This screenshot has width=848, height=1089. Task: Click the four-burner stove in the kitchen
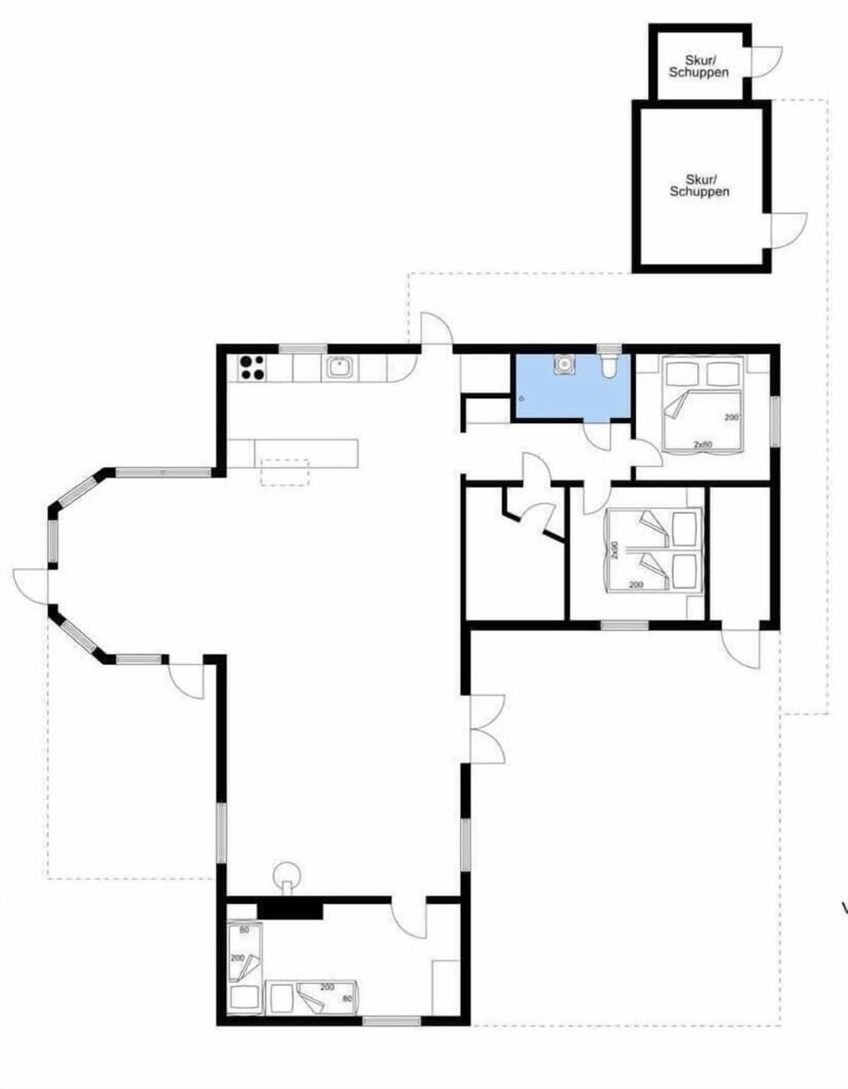click(251, 367)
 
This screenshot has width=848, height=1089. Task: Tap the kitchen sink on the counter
click(339, 367)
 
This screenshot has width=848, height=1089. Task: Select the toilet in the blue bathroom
click(609, 367)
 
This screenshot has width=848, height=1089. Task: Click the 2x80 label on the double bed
click(702, 445)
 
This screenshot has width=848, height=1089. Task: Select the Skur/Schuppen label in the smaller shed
click(699, 66)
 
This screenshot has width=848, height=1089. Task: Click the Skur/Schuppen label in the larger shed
click(700, 185)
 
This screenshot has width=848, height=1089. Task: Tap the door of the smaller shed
click(762, 62)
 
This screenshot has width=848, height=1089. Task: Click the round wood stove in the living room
click(286, 875)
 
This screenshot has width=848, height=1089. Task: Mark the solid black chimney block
click(289, 910)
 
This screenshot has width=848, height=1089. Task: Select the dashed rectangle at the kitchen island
click(284, 472)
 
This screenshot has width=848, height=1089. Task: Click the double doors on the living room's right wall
click(486, 729)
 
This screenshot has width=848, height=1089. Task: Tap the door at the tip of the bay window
click(31, 586)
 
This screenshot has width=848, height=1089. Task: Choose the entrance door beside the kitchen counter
click(435, 331)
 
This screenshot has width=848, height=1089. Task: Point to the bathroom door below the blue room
click(598, 437)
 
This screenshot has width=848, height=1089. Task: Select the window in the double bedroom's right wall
click(776, 421)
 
